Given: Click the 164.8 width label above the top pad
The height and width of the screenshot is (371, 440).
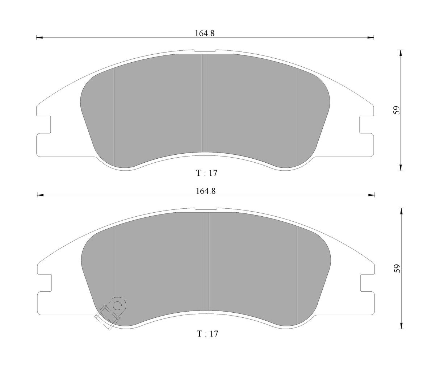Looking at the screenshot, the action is (x=204, y=34).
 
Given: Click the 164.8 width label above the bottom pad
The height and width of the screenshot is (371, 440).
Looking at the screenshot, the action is (x=206, y=191).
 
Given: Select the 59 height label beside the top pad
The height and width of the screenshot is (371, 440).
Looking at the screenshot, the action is (x=396, y=110).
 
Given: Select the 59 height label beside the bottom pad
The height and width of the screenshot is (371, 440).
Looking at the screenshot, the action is (x=397, y=268).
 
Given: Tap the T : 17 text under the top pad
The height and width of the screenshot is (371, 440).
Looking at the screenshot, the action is (x=206, y=173).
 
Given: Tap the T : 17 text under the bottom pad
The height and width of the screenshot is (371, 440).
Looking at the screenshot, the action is (x=208, y=334).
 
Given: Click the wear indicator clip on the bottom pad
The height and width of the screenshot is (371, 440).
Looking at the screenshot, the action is (x=110, y=313).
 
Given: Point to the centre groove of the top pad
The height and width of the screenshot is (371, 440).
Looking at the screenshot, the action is (x=205, y=103).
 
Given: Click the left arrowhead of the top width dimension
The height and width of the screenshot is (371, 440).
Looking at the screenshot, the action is (x=39, y=38).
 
